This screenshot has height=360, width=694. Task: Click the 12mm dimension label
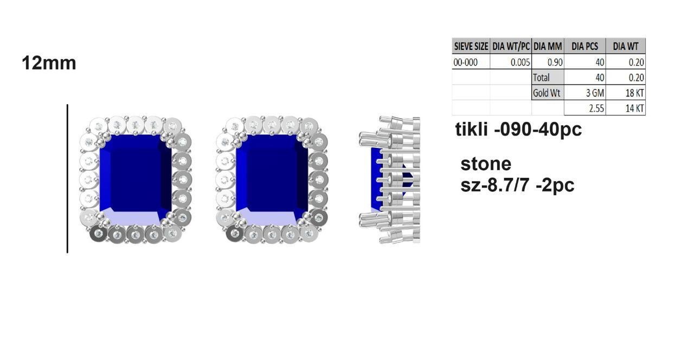pos(49,63)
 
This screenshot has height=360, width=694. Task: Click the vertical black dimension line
pos(67,179)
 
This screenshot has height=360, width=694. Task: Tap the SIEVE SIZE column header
pos(471,46)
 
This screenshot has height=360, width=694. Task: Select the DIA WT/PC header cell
pos(511,46)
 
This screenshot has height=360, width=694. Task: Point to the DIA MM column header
pos(548,46)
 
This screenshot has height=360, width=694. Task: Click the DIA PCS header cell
pos(585,46)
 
